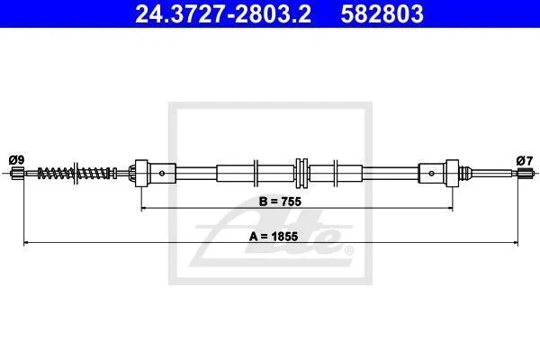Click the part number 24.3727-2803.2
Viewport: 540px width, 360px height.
(223, 13)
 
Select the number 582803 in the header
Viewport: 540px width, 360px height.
(382, 13)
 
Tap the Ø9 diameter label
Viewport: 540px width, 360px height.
(16, 160)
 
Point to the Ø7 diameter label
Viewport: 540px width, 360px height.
(525, 160)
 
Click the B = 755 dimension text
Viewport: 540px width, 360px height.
(280, 202)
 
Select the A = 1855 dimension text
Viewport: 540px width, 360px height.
(274, 237)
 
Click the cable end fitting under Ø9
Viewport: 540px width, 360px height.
(17, 173)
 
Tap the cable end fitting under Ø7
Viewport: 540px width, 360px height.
(526, 173)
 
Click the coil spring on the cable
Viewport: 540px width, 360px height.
(77, 173)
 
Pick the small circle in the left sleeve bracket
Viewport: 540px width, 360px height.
(162, 174)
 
